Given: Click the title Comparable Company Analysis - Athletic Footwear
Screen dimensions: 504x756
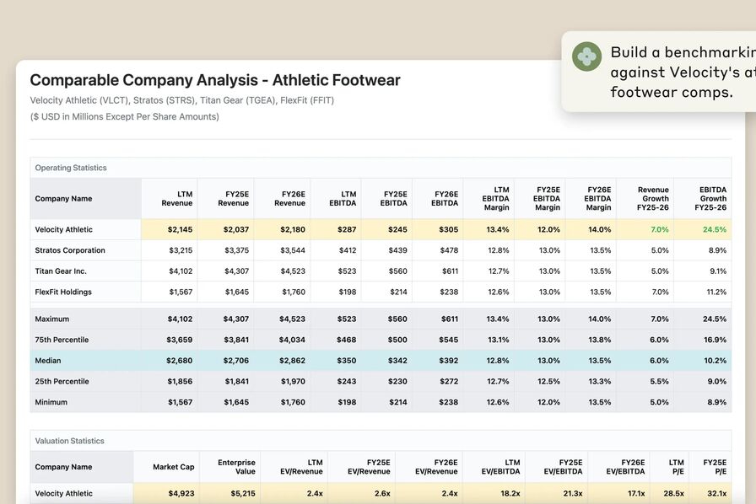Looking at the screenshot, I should [x=215, y=80].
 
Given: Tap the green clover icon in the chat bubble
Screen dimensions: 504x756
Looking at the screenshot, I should [x=586, y=56].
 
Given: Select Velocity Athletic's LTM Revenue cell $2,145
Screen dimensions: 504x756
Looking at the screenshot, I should [x=180, y=229].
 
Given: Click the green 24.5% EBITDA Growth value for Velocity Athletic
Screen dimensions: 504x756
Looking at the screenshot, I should [x=713, y=229].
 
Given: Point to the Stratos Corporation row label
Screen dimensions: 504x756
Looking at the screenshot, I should [x=70, y=250].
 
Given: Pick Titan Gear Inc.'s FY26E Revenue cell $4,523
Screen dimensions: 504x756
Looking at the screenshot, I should [x=289, y=271].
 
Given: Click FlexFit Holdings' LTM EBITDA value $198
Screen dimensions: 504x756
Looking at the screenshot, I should [x=346, y=292].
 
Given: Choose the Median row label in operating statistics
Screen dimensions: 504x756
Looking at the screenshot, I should [x=48, y=361].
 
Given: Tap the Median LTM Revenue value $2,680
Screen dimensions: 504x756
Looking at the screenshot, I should [x=180, y=361].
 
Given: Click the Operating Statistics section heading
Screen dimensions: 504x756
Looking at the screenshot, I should [x=71, y=168].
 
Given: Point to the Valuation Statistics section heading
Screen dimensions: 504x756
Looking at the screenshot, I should [x=69, y=441].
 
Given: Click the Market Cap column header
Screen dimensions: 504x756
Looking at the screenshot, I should [x=174, y=467].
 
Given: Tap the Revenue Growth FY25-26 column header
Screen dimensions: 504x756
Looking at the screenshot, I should [x=653, y=199].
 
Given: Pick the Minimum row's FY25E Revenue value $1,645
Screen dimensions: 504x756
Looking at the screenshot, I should [x=235, y=402].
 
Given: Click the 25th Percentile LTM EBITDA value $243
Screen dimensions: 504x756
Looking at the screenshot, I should [x=346, y=381].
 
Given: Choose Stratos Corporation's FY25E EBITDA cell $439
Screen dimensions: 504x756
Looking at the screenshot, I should [x=395, y=250].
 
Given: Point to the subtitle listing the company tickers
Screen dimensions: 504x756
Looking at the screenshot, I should [x=182, y=100].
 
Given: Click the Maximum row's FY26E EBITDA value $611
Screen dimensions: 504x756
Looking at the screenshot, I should [x=447, y=319].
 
